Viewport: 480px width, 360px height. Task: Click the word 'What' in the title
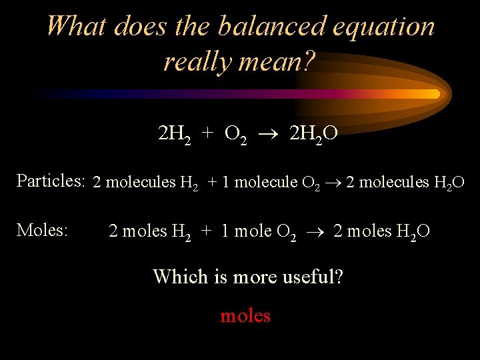[77, 27]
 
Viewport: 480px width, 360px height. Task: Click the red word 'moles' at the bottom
[245, 315]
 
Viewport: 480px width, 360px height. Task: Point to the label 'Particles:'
[51, 181]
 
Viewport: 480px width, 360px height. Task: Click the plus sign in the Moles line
[207, 232]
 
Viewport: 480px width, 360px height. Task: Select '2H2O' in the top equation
[313, 135]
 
